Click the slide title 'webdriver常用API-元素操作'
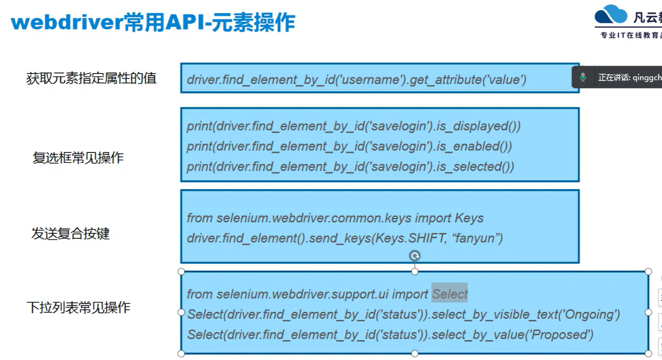pyautogui.click(x=153, y=22)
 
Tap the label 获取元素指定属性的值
pyautogui.click(x=91, y=78)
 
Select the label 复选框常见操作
pyautogui.click(x=78, y=158)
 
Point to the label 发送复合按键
pyautogui.click(x=70, y=233)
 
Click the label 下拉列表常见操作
pyautogui.click(x=78, y=307)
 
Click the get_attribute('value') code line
pyautogui.click(x=356, y=79)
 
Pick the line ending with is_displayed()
pyautogui.click(x=353, y=126)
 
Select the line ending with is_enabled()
pyautogui.click(x=349, y=146)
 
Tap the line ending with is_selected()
pyautogui.click(x=350, y=167)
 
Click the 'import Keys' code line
pyautogui.click(x=335, y=218)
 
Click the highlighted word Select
pyautogui.click(x=450, y=294)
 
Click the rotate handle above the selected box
pyautogui.click(x=415, y=256)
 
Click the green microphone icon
pyautogui.click(x=583, y=77)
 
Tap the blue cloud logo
pyautogui.click(x=611, y=16)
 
